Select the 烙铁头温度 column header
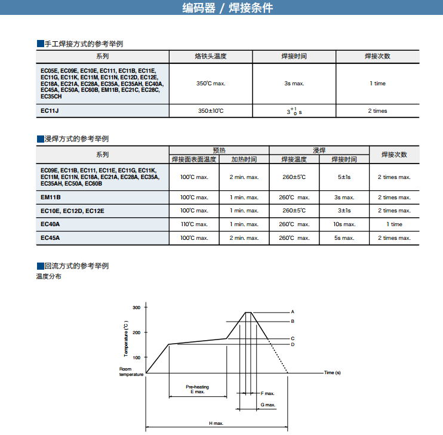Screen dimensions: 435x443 [210, 56]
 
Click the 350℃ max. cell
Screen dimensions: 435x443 [210, 84]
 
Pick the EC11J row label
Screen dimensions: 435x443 [50, 111]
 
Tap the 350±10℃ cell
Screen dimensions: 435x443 [210, 111]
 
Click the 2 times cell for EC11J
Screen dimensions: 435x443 [377, 111]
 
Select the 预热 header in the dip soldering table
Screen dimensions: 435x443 [219, 150]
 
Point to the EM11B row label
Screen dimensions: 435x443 [51, 198]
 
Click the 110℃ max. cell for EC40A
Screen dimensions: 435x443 [194, 224]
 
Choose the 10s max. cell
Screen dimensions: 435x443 [344, 224]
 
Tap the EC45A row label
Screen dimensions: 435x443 [51, 238]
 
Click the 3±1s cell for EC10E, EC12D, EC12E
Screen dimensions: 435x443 [344, 211]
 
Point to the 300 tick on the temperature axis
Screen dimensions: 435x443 [136, 307]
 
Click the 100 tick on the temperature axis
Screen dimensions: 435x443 [136, 357]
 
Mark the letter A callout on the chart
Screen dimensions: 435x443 [293, 312]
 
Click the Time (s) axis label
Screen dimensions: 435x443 [332, 373]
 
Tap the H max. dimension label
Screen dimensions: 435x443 [216, 423]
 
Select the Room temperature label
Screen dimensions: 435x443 [131, 372]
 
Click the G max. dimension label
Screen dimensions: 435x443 [268, 405]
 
